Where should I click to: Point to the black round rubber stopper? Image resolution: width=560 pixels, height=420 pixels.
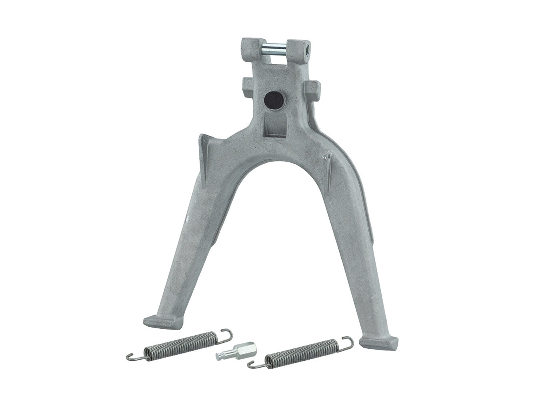[x=273, y=100]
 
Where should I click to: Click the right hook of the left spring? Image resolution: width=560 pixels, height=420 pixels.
[x=226, y=335]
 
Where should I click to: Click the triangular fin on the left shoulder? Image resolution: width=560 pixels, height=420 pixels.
[x=204, y=156]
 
